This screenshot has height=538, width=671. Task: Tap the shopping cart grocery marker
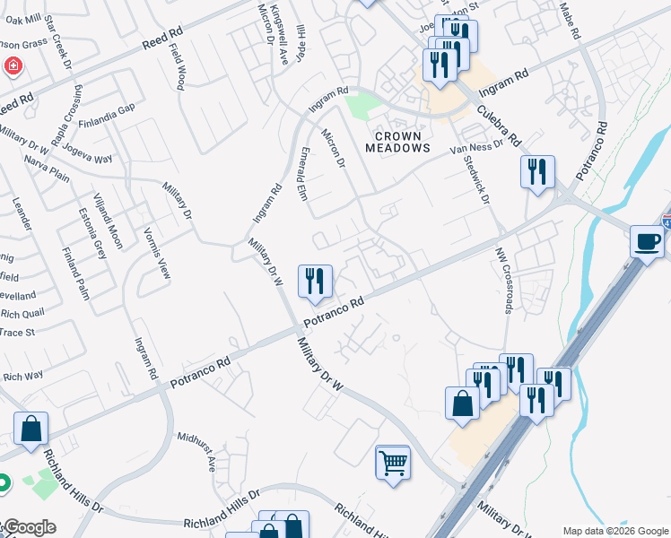tap(392, 463)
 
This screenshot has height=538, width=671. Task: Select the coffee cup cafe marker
tap(647, 241)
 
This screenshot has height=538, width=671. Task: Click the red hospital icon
tap(13, 65)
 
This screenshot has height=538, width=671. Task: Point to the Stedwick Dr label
tap(476, 178)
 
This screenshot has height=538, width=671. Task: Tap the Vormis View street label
tap(157, 253)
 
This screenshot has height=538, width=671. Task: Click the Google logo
tap(30, 527)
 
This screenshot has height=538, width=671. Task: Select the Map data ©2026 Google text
tap(615, 531)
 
